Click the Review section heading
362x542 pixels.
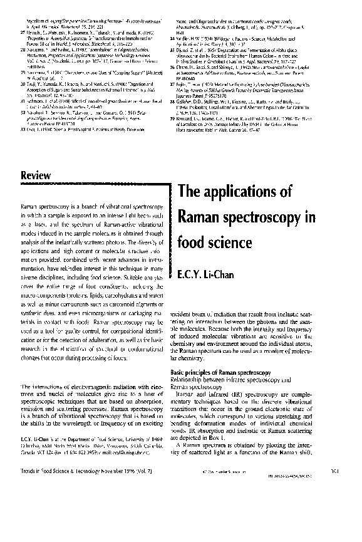click(36, 176)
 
